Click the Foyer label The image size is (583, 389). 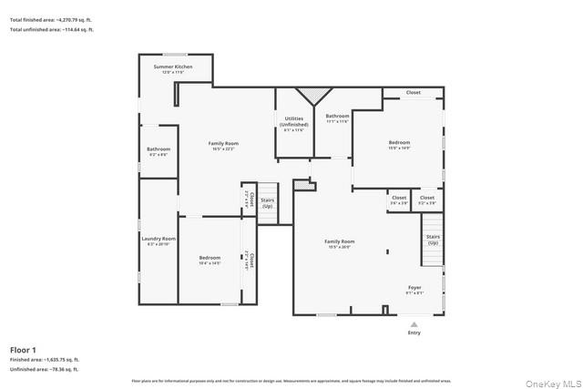tap(414, 289)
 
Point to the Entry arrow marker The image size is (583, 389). tap(414, 323)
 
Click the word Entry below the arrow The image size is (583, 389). tap(414, 333)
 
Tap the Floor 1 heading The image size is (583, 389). tap(23, 350)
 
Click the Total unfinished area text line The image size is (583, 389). tap(52, 30)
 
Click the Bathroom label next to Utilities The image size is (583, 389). tap(338, 118)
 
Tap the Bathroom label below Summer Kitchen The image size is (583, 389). tap(159, 151)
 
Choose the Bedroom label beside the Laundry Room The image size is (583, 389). tap(210, 260)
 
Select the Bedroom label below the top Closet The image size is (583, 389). tap(399, 144)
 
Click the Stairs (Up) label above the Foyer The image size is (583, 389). tap(433, 240)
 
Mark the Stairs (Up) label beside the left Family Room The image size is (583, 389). tap(268, 203)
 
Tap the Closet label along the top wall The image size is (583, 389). tap(413, 93)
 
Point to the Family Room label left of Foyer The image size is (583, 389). tap(340, 243)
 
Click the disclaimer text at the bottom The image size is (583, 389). tap(291, 381)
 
